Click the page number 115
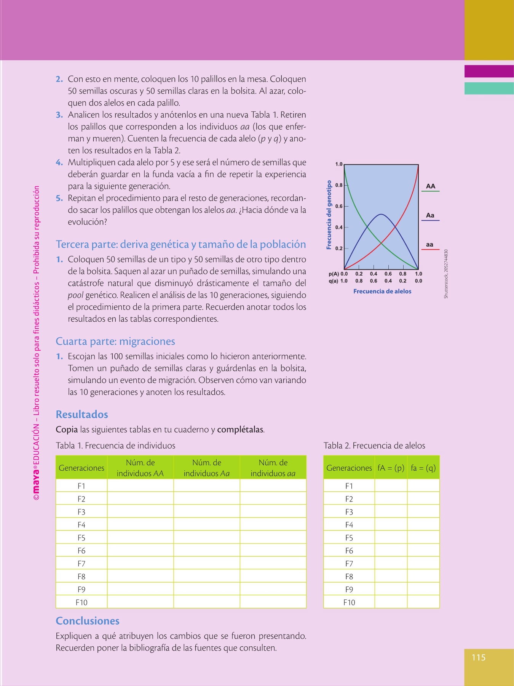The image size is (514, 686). coord(479,657)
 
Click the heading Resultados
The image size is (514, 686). coord(82,414)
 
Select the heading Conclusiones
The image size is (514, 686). coord(88,621)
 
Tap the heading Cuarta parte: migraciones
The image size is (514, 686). coord(115,341)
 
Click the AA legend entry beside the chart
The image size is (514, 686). coord(430,186)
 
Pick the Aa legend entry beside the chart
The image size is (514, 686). coord(430,216)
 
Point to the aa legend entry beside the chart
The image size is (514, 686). coord(430,245)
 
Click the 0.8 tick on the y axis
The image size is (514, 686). coord(339,185)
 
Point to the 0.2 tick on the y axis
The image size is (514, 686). coord(339,248)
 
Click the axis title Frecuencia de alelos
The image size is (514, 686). coord(382,291)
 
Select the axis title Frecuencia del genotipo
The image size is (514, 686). coord(329,215)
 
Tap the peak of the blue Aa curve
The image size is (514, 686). coord(381,215)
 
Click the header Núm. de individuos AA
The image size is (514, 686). coord(140,468)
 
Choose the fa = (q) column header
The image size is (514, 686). coord(423,468)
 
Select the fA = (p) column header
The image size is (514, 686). coord(391,468)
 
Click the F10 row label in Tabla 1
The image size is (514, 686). coord(81,602)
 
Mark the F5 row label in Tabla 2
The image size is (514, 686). coord(349,538)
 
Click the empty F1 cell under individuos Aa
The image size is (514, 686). coord(206,486)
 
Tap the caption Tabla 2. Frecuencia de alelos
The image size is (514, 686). coord(374,446)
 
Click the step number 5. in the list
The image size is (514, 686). coord(59,198)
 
